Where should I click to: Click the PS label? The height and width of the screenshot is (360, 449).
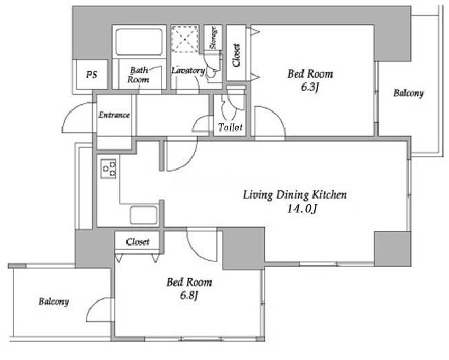[x=92, y=75]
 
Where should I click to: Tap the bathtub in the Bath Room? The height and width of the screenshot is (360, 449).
[x=139, y=41]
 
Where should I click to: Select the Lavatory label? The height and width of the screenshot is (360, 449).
[x=188, y=71]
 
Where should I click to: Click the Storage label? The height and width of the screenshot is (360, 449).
[x=213, y=38]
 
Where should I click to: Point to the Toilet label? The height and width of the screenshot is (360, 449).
[x=230, y=127]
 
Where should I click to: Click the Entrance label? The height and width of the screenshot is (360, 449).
[x=114, y=115]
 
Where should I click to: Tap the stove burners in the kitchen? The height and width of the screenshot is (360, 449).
[x=108, y=169]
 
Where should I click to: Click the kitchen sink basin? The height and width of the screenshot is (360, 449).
[x=144, y=215]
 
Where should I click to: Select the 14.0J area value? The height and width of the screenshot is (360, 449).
[x=302, y=209]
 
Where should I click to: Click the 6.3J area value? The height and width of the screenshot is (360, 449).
[x=310, y=87]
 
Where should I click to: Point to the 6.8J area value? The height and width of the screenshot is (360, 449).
[x=189, y=295]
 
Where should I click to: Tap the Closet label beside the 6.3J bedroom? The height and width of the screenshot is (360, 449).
[x=236, y=55]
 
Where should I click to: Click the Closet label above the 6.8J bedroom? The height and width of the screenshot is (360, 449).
[x=137, y=242]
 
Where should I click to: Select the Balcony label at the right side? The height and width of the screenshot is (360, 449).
[x=408, y=93]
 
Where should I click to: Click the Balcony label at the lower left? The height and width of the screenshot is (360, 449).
[x=54, y=301]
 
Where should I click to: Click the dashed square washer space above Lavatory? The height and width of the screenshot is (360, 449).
[x=185, y=39]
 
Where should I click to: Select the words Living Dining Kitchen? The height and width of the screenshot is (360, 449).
[x=295, y=195]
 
